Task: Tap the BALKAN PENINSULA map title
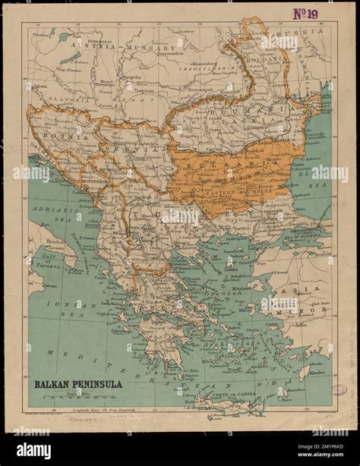[x=77, y=384]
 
